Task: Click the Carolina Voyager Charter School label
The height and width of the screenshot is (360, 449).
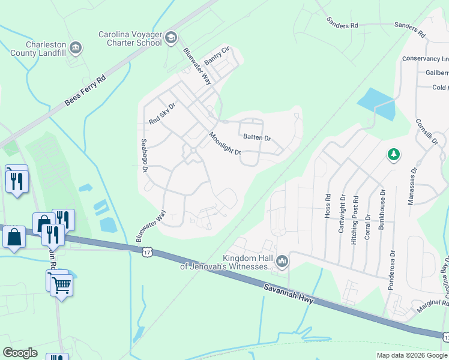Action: point(130,38)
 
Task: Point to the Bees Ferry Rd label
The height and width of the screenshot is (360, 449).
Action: point(85,92)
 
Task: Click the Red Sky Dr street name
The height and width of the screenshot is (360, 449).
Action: point(162,114)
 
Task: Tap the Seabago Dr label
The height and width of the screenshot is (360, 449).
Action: point(144,156)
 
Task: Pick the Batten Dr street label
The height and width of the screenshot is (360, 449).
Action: point(257,137)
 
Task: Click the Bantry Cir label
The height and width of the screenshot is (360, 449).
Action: point(217,56)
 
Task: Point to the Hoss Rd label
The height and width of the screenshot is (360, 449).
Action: point(328,205)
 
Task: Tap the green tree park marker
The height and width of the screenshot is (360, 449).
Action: point(394,155)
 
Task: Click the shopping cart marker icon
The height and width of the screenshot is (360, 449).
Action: point(61,286)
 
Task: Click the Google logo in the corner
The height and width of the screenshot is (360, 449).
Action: point(20,353)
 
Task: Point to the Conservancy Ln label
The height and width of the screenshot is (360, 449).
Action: point(425,59)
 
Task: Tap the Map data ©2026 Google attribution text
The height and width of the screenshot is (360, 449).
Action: point(411,355)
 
